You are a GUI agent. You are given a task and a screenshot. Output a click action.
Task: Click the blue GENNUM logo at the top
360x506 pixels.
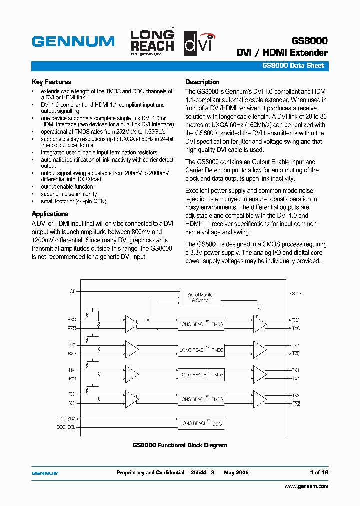pos(73,41)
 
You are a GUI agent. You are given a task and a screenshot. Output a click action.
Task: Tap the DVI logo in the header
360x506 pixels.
pos(199,41)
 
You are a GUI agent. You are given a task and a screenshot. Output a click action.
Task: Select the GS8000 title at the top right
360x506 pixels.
pos(309,41)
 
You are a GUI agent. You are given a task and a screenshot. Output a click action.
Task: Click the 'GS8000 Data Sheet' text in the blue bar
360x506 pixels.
pos(293,66)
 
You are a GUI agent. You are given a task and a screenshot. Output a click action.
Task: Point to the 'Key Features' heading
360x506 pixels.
pos(51,82)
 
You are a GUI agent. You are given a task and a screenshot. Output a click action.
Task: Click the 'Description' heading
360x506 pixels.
pos(202,82)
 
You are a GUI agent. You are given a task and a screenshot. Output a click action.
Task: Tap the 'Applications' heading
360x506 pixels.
pos(50,214)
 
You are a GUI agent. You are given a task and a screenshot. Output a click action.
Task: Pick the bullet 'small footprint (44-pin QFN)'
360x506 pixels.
pos(73,201)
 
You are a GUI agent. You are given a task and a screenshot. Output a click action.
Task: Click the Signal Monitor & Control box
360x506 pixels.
pos(201,298)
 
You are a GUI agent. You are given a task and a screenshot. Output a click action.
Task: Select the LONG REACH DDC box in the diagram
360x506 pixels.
pos(201,423)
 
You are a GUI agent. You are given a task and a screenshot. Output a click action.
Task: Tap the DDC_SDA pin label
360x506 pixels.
pos(66,419)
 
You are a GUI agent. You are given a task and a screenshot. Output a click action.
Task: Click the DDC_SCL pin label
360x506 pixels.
pos(66,427)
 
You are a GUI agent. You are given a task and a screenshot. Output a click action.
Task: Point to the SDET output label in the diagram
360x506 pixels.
pos(297,294)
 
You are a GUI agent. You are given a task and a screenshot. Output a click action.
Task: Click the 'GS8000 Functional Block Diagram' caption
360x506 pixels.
pos(180,445)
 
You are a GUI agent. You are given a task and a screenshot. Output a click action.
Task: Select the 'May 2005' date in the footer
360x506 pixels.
pos(236,472)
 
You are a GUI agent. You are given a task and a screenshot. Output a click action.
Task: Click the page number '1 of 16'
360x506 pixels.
pos(319,472)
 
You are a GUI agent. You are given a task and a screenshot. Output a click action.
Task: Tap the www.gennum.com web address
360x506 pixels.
pos(306,486)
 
